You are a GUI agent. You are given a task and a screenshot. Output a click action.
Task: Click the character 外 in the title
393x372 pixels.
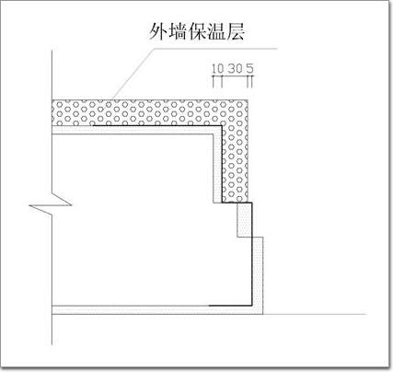pos(158,31)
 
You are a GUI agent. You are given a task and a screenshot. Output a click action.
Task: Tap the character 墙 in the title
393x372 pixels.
pos(178,31)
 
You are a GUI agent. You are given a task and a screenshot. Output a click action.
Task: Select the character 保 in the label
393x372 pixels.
pos(197,31)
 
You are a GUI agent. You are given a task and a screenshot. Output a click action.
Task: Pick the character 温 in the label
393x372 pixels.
pos(215,31)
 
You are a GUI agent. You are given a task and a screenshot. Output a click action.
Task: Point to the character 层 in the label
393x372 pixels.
pos(235,31)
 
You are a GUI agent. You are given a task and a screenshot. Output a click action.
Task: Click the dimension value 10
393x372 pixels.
pos(218,68)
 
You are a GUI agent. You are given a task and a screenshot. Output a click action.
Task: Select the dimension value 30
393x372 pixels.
pos(235,68)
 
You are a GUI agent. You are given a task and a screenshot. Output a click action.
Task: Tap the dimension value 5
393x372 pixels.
pos(249,68)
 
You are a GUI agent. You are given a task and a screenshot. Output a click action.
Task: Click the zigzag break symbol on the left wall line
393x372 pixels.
pos(52,204)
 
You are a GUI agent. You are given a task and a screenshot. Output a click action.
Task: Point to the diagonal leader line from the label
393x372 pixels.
pos(133,73)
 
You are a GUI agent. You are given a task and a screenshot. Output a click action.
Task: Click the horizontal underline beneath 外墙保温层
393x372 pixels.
pos(214,48)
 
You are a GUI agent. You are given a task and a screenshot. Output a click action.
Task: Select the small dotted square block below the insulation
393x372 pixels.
pos(245,220)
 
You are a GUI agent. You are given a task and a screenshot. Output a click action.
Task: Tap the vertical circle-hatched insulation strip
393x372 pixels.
pos(235,164)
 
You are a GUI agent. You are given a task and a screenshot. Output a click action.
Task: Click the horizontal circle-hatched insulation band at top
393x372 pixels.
pos(150,112)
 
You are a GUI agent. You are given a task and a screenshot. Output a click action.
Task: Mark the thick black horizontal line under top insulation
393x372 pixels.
pos(157,125)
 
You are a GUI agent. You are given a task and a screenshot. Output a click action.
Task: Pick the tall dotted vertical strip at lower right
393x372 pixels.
pos(258,275)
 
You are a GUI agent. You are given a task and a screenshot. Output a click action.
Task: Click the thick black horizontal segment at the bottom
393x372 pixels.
pos(230,306)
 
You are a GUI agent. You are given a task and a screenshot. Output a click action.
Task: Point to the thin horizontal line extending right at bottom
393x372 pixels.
pos(315,314)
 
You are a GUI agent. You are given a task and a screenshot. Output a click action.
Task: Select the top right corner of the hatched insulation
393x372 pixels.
pos(248,99)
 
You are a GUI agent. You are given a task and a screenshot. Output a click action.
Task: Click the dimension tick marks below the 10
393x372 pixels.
pos(217,82)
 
